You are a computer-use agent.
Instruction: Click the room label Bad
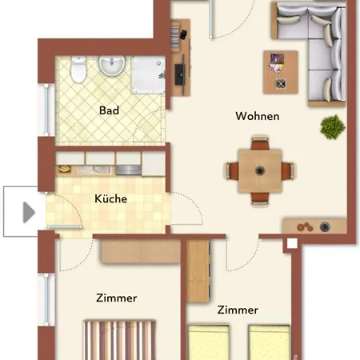(x=109, y=110)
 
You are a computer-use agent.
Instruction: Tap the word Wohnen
(x=257, y=116)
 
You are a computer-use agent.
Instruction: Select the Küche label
(x=111, y=199)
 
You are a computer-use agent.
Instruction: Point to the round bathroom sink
(x=112, y=65)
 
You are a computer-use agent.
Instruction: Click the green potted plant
(x=330, y=126)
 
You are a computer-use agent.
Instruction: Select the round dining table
(x=260, y=170)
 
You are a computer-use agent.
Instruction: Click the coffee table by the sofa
(x=280, y=71)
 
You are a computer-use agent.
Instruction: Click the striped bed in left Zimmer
(x=120, y=340)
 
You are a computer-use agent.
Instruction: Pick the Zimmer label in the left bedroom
(x=116, y=298)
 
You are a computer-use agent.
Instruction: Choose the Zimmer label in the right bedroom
(x=238, y=310)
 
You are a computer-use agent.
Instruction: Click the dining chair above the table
(x=260, y=144)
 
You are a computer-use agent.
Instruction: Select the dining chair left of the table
(x=233, y=170)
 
